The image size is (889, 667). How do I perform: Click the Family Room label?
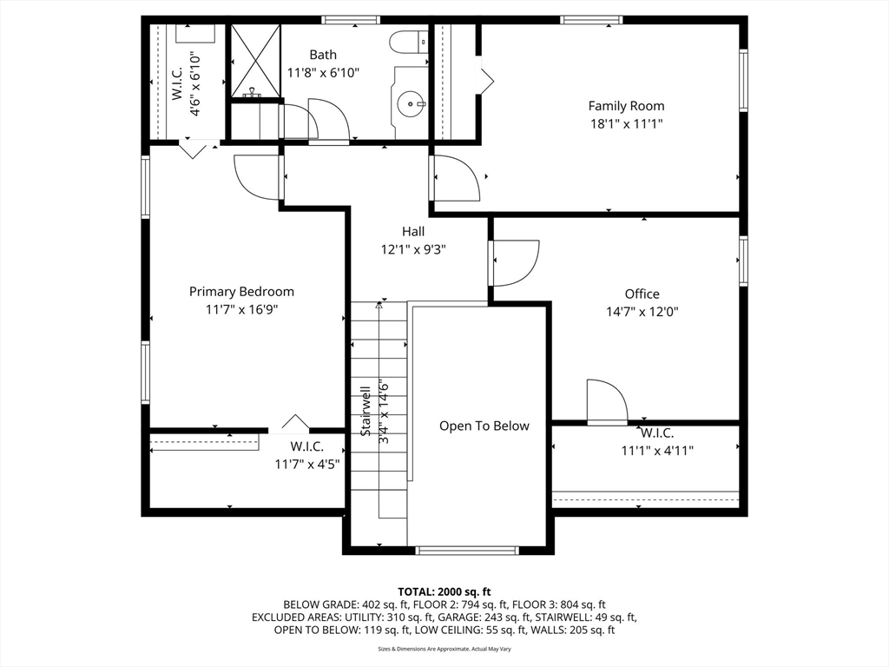pos(626,106)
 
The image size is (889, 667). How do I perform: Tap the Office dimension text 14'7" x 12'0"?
pos(642,311)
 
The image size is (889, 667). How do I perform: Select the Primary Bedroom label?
pos(241,292)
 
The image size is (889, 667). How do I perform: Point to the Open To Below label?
pos(484,426)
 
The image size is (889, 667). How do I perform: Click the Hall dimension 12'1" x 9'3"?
pos(413,249)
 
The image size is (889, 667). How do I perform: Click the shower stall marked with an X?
pos(254,61)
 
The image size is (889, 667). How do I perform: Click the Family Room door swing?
pos(458,178)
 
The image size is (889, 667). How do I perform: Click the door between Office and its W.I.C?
pos(607,401)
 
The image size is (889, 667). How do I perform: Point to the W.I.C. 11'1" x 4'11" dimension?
pos(656,450)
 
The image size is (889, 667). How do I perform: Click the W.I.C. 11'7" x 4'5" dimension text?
pos(306,464)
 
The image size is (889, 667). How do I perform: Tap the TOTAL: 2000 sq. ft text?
pos(444,591)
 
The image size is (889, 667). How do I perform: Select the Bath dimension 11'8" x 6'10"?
pos(323,72)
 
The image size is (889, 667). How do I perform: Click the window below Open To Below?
pos(467,550)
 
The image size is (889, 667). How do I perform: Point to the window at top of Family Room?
pos(591,19)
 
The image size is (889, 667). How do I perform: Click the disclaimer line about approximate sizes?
pos(444,649)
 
